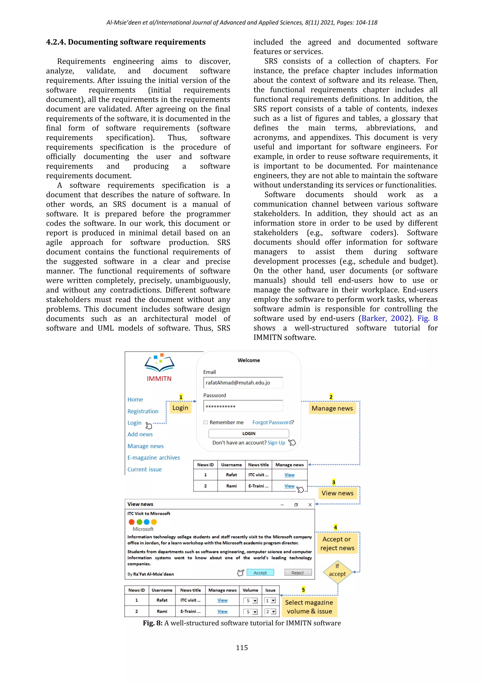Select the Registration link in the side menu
coord(143,411)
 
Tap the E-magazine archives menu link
coord(153,457)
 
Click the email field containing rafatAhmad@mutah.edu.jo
coord(243,383)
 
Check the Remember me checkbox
coord(205,422)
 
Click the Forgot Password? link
coord(273,422)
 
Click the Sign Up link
coord(276,443)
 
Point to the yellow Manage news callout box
coord(332,408)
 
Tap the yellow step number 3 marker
coord(333,482)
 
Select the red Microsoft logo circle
coord(131,522)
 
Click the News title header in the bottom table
coord(190,590)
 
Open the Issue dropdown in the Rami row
coord(273,611)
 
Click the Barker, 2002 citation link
coord(385,318)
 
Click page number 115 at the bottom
coord(242,648)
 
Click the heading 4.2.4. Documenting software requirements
coord(126,42)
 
